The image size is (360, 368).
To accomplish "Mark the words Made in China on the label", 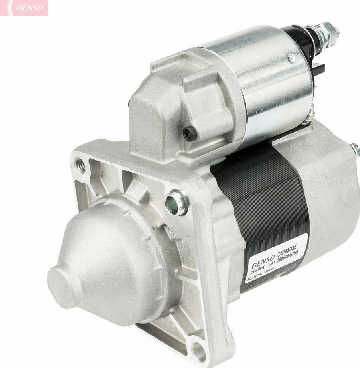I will [260, 277].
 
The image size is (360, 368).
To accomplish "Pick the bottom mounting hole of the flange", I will [198, 350].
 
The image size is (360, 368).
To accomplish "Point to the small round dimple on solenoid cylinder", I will [292, 59].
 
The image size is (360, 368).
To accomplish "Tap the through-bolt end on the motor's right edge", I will [355, 149].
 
